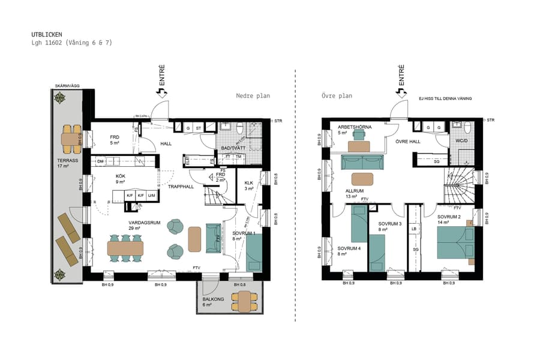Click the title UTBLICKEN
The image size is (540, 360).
pos(47,35)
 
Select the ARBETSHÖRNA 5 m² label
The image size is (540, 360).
pos(354,130)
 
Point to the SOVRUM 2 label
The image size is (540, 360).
pos(448,219)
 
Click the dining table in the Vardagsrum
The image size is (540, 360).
pos(125,248)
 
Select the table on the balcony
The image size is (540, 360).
pos(244,301)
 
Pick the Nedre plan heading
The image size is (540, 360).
pos(253,95)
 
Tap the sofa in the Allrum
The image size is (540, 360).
pos(362,162)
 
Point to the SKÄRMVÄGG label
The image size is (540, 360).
pos(67,86)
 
